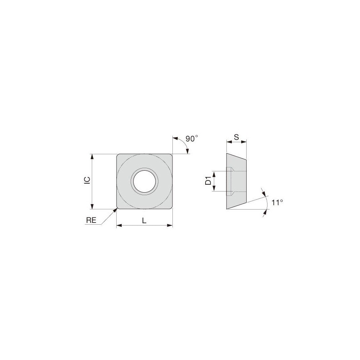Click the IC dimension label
tap(87, 180)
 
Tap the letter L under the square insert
tap(144, 221)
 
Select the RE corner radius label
tap(91, 220)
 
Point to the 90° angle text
tap(192, 139)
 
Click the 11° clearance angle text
tap(277, 202)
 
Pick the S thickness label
tap(236, 137)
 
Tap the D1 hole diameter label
tap(208, 181)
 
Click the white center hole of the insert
tap(144, 181)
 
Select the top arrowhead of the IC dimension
tap(92, 157)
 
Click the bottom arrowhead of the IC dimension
tap(92, 206)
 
